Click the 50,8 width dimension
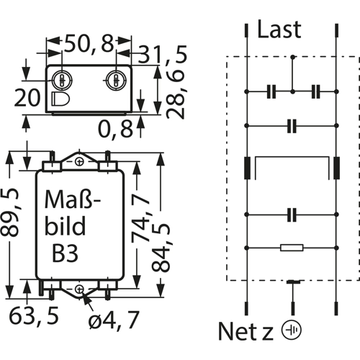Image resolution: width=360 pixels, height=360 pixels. pyautogui.click(x=89, y=44)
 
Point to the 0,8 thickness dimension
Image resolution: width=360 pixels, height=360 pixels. pyautogui.click(x=116, y=129)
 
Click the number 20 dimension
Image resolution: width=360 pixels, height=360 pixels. pyautogui.click(x=27, y=98)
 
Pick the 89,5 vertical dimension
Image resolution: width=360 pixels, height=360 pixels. pyautogui.click(x=9, y=212)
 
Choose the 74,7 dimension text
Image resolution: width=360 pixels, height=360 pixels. pyautogui.click(x=141, y=217)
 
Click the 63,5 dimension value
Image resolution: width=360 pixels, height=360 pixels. pyautogui.click(x=34, y=315)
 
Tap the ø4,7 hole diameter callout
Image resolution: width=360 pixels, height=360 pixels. pyautogui.click(x=114, y=320)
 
